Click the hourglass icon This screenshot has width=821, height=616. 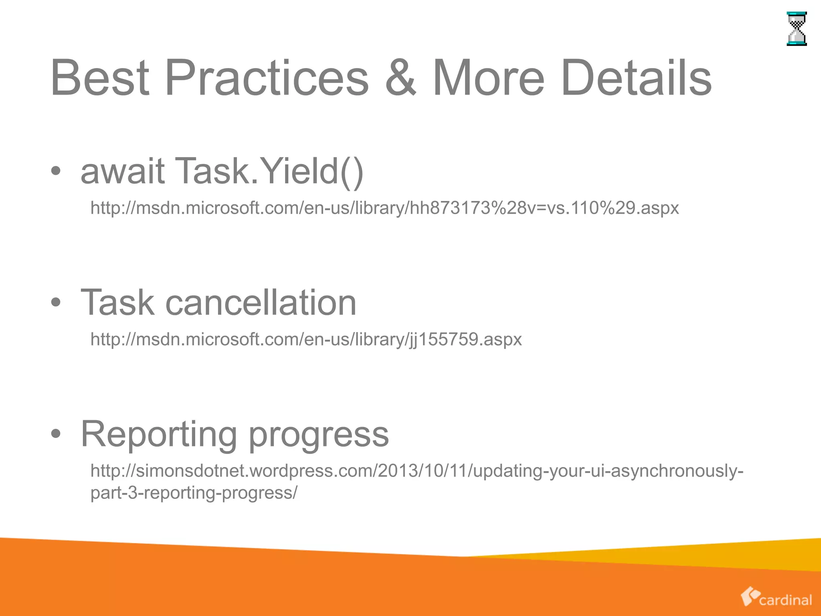[x=796, y=29]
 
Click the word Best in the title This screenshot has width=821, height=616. [x=99, y=78]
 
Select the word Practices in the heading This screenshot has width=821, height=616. [x=266, y=78]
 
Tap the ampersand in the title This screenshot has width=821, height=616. [x=401, y=78]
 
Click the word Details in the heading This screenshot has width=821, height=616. [x=636, y=78]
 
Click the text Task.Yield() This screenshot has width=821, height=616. [x=269, y=171]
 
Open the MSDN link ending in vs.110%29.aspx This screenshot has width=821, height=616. [x=384, y=208]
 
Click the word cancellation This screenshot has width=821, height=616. [x=261, y=302]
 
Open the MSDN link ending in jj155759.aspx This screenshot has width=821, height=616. [x=306, y=340]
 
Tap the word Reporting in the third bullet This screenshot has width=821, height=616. [x=159, y=434]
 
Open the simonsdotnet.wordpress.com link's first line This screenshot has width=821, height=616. [x=417, y=471]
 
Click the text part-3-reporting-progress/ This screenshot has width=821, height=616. [x=194, y=493]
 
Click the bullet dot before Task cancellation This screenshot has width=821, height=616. [x=56, y=303]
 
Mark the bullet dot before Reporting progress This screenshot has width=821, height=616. [x=56, y=434]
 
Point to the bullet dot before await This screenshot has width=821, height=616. [x=56, y=172]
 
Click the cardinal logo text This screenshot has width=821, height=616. [x=785, y=600]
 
